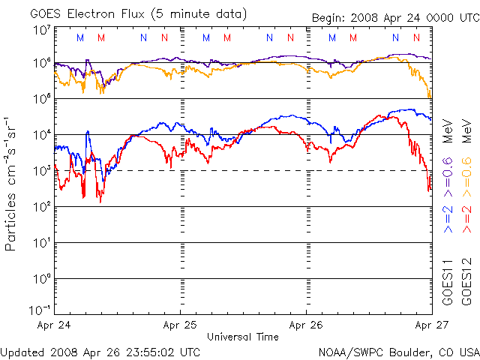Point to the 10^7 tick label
[42, 30]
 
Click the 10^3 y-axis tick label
[42, 170]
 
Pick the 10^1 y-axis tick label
[42, 242]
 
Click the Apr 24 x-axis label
[54, 325]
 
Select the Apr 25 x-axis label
[181, 325]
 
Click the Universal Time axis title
[242, 337]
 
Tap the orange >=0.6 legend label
[465, 172]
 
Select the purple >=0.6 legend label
[448, 172]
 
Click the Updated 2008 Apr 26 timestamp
[100, 351]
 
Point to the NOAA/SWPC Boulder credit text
[397, 351]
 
